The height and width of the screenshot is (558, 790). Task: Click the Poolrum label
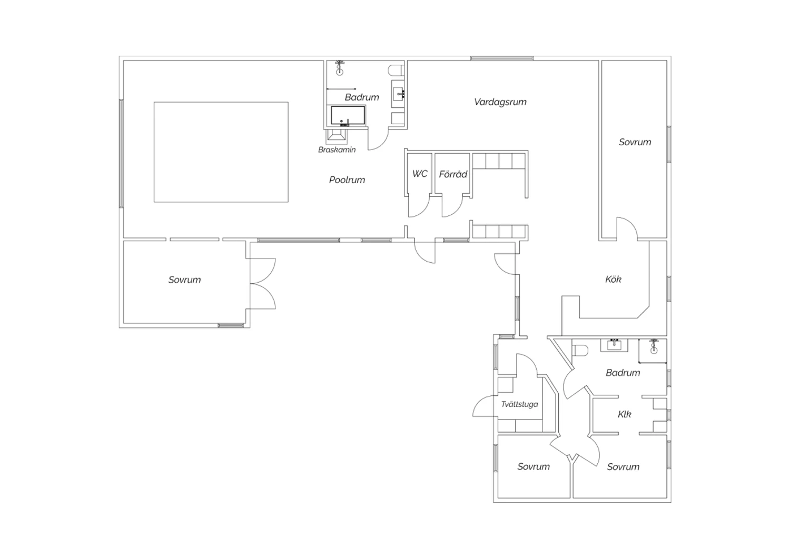click(347, 180)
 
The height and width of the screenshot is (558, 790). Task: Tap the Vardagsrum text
click(500, 102)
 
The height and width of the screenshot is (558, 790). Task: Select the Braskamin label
click(337, 150)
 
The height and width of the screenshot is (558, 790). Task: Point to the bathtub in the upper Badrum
click(348, 116)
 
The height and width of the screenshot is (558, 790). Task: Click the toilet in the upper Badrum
click(396, 71)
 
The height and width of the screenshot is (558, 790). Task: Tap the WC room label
click(420, 174)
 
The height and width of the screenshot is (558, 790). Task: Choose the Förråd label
click(453, 174)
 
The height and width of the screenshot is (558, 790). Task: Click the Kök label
click(613, 280)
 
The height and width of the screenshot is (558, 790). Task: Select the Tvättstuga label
click(519, 404)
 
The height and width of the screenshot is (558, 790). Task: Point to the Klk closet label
click(624, 414)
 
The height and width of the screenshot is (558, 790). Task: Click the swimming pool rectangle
click(221, 152)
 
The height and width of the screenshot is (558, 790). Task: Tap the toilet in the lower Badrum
click(580, 351)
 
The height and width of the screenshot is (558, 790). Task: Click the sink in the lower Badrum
click(614, 345)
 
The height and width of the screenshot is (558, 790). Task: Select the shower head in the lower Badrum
click(654, 346)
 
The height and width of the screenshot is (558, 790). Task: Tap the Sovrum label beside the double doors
click(184, 280)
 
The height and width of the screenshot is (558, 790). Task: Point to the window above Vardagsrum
click(501, 58)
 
